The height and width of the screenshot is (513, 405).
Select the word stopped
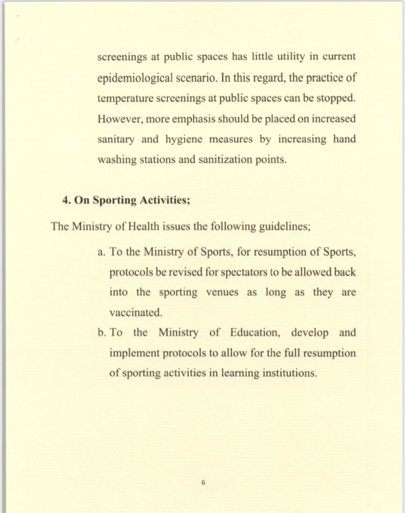tap(336, 97)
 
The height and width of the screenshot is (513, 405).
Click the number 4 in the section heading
tap(65, 200)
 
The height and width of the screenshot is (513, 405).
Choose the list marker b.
tap(101, 333)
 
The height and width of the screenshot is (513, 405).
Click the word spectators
tap(233, 272)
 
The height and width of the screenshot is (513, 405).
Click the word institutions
tap(289, 373)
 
